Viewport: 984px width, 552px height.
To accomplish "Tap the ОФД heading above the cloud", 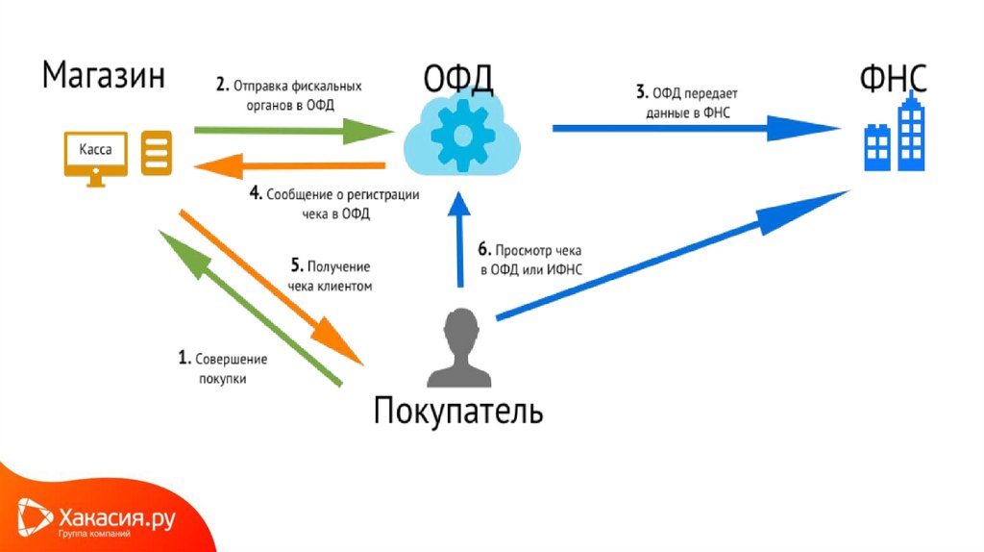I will (x=458, y=77).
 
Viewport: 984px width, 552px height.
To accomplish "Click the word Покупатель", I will (x=457, y=412).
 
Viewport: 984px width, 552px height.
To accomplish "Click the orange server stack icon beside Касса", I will (x=157, y=154).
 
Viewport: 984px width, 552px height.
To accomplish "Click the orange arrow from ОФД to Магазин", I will (x=288, y=166).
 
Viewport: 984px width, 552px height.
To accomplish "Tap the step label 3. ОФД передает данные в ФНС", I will (x=689, y=101).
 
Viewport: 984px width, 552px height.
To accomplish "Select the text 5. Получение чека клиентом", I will (x=329, y=276).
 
